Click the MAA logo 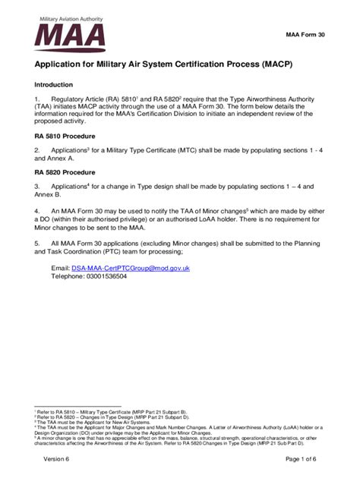click(70, 35)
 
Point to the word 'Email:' click(61, 269)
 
